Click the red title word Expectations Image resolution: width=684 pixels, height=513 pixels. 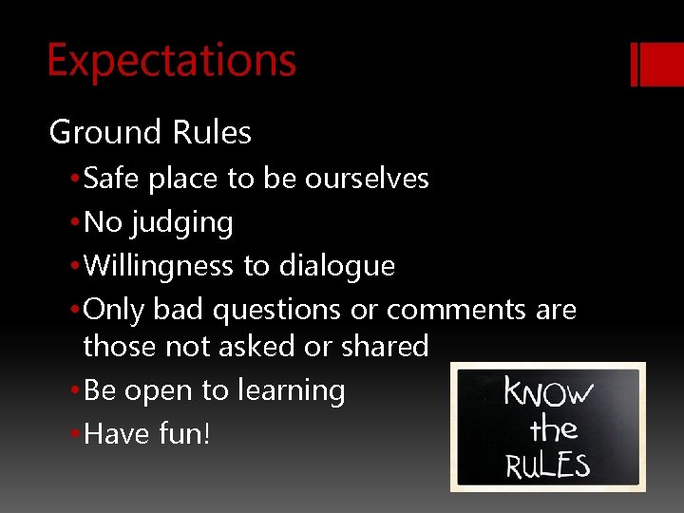click(171, 60)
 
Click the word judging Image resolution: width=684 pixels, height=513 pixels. click(182, 223)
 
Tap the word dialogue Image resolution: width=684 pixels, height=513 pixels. click(336, 266)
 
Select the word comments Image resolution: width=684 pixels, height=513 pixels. click(456, 311)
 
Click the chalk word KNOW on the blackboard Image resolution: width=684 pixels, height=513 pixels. click(548, 392)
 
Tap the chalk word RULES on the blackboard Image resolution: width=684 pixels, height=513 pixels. click(547, 465)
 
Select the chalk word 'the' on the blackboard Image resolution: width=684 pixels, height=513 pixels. click(553, 429)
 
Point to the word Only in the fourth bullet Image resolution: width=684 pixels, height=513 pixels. click(115, 311)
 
